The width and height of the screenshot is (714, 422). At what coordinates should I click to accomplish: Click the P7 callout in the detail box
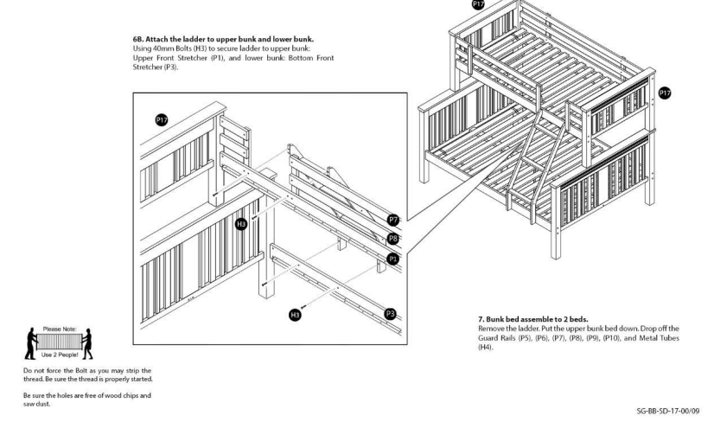coord(393,221)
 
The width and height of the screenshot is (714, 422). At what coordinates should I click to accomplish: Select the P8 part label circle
coord(393,237)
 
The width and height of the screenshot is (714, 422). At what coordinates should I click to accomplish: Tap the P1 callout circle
coord(393,258)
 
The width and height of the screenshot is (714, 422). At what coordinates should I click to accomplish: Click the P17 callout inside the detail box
coord(160,119)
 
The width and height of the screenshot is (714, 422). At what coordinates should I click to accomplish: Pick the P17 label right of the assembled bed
coord(665,93)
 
